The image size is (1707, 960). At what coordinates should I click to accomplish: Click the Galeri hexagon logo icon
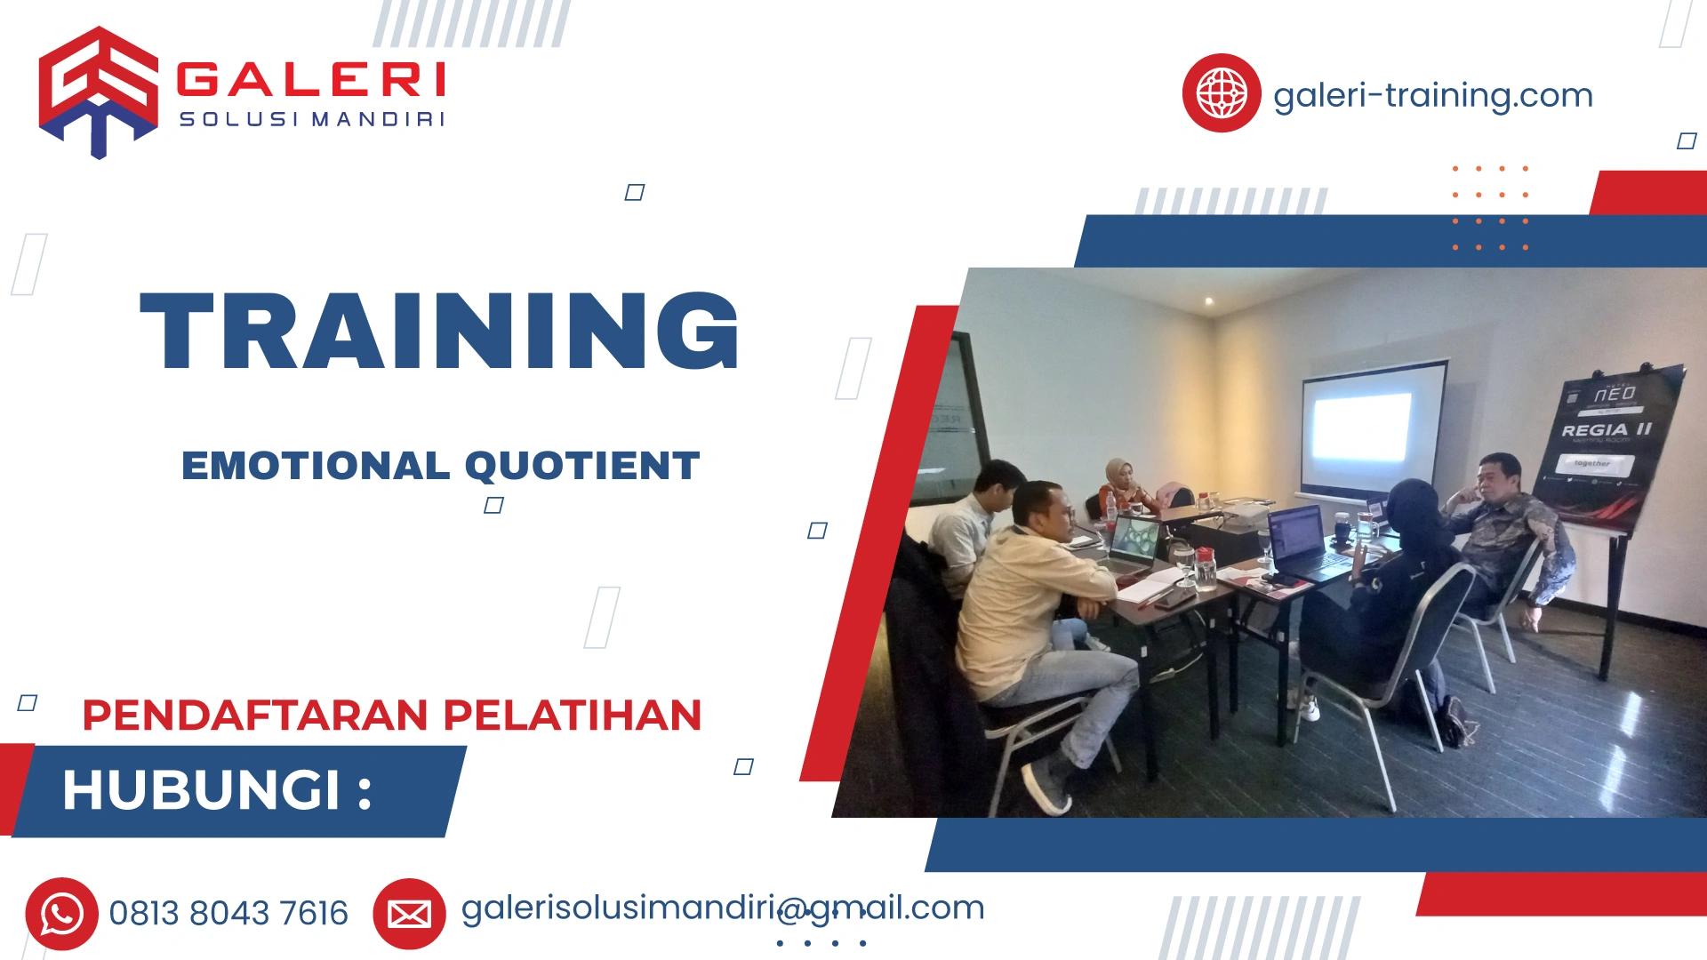point(98,92)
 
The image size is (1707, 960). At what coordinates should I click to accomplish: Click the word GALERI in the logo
point(310,80)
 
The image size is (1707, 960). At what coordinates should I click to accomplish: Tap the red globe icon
point(1221,93)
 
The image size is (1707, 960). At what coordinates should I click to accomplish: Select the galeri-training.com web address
point(1432,95)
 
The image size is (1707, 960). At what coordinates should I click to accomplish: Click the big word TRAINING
point(439,331)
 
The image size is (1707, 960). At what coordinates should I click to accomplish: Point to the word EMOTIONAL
point(316,466)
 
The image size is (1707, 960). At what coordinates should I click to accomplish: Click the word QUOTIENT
point(582,466)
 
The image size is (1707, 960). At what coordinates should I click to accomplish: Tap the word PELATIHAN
point(573,716)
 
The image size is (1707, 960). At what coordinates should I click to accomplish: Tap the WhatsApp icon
point(61,914)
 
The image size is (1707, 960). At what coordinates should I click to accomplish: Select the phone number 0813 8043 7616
point(228,914)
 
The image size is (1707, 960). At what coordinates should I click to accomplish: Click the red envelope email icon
point(409,914)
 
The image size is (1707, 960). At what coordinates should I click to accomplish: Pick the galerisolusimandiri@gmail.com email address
point(722,908)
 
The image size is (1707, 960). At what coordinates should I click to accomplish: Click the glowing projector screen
point(1362,428)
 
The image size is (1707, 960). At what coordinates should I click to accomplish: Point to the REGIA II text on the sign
point(1606,430)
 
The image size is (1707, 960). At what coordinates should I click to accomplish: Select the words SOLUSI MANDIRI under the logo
point(311,119)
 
